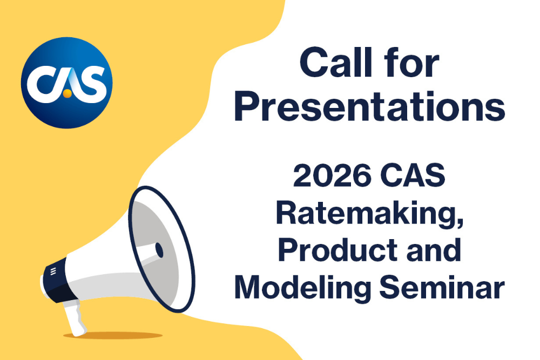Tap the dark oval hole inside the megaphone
pos(159,249)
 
